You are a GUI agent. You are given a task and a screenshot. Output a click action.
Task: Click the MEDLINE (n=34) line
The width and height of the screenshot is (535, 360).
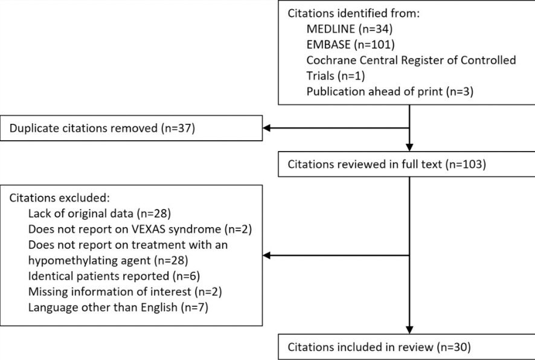(x=350, y=29)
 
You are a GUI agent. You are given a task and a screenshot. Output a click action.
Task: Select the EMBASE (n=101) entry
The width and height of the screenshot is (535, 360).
(x=350, y=45)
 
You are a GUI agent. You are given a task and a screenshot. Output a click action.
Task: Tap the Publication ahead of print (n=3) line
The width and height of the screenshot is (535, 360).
(x=389, y=91)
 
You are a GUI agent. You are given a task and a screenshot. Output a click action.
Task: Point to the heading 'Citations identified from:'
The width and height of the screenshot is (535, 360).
(x=353, y=13)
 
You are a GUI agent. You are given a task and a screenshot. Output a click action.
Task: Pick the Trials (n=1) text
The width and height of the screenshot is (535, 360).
(x=336, y=76)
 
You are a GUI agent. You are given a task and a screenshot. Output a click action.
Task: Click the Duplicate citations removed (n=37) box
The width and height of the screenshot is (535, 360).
(x=132, y=128)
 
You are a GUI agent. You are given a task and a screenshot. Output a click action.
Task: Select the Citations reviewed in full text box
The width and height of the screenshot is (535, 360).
(x=406, y=164)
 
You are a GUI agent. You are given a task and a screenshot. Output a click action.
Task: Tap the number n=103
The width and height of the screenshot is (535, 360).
(x=466, y=164)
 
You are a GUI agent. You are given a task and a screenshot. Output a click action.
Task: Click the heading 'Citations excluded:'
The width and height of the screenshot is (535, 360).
(x=60, y=198)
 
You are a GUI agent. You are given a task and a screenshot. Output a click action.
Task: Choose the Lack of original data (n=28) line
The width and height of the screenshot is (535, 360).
(x=100, y=214)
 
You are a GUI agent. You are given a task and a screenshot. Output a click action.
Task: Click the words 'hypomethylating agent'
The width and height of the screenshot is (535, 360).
(x=89, y=261)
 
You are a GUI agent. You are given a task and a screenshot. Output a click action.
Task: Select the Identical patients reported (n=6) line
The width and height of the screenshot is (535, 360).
(x=114, y=276)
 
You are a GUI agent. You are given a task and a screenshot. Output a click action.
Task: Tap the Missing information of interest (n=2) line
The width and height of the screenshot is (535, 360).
(x=125, y=292)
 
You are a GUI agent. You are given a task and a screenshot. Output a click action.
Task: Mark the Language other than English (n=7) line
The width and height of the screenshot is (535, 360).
(x=118, y=307)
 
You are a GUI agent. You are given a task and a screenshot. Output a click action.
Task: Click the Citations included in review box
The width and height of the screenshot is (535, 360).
(x=406, y=347)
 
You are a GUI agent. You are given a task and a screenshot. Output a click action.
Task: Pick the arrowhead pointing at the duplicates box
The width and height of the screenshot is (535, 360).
(x=266, y=128)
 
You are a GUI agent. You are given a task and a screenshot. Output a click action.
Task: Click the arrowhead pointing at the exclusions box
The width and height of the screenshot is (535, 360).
(x=266, y=256)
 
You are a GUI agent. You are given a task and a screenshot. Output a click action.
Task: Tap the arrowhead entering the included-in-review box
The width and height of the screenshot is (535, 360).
(x=409, y=330)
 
